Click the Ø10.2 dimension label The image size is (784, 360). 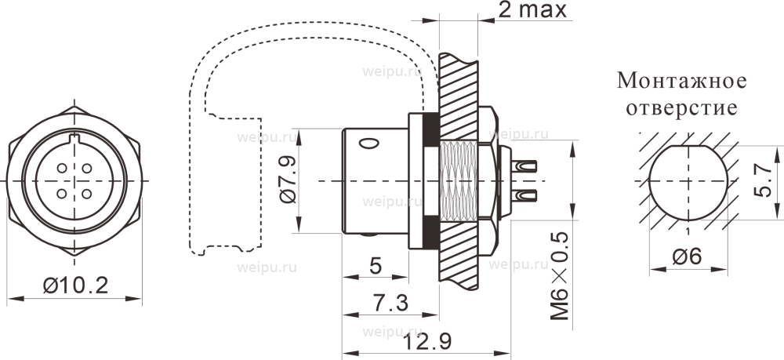pyautogui.click(x=75, y=286)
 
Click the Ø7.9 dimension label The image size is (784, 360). pyautogui.click(x=289, y=180)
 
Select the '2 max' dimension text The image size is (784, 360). pyautogui.click(x=533, y=10)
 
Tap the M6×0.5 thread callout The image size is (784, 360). pyautogui.click(x=560, y=276)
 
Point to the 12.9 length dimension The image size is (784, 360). pyautogui.click(x=428, y=341)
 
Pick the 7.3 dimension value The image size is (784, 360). pyautogui.click(x=391, y=303)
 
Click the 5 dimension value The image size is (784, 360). pyautogui.click(x=376, y=266)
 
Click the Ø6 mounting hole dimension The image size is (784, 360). pyautogui.click(x=687, y=257)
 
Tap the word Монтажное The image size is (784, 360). pyautogui.click(x=681, y=81)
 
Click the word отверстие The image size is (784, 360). pyautogui.click(x=681, y=108)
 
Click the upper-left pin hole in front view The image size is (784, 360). pyautogui.click(x=62, y=169)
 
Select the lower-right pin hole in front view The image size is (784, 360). pyautogui.click(x=86, y=193)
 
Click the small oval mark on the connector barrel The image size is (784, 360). pyautogui.click(x=369, y=144)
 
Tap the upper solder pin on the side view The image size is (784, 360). pyautogui.click(x=524, y=166)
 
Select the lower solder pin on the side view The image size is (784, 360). pyautogui.click(x=524, y=195)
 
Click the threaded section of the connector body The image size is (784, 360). pyautogui.click(x=459, y=181)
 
